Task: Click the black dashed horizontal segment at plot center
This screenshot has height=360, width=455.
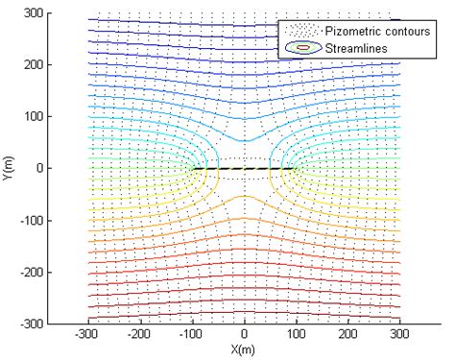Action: coord(244,169)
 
